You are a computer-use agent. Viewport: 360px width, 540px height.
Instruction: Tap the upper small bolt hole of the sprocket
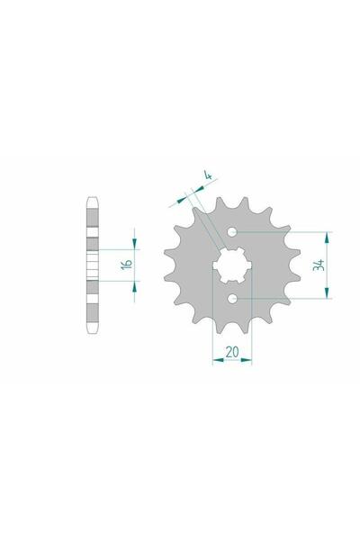[234, 232]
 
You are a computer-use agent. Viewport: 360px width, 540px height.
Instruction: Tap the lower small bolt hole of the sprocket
[234, 298]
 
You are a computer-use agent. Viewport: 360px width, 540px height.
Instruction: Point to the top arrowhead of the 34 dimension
[328, 236]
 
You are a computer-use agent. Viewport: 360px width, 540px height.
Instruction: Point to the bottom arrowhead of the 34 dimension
[328, 294]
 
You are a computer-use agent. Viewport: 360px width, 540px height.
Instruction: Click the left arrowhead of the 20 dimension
[216, 363]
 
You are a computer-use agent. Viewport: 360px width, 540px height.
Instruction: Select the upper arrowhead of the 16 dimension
[135, 246]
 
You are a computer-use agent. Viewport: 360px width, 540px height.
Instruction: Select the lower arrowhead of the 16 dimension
[135, 283]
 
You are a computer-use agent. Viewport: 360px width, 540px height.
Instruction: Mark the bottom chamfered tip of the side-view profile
[91, 335]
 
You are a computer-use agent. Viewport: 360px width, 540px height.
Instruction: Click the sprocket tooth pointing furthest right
[294, 265]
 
